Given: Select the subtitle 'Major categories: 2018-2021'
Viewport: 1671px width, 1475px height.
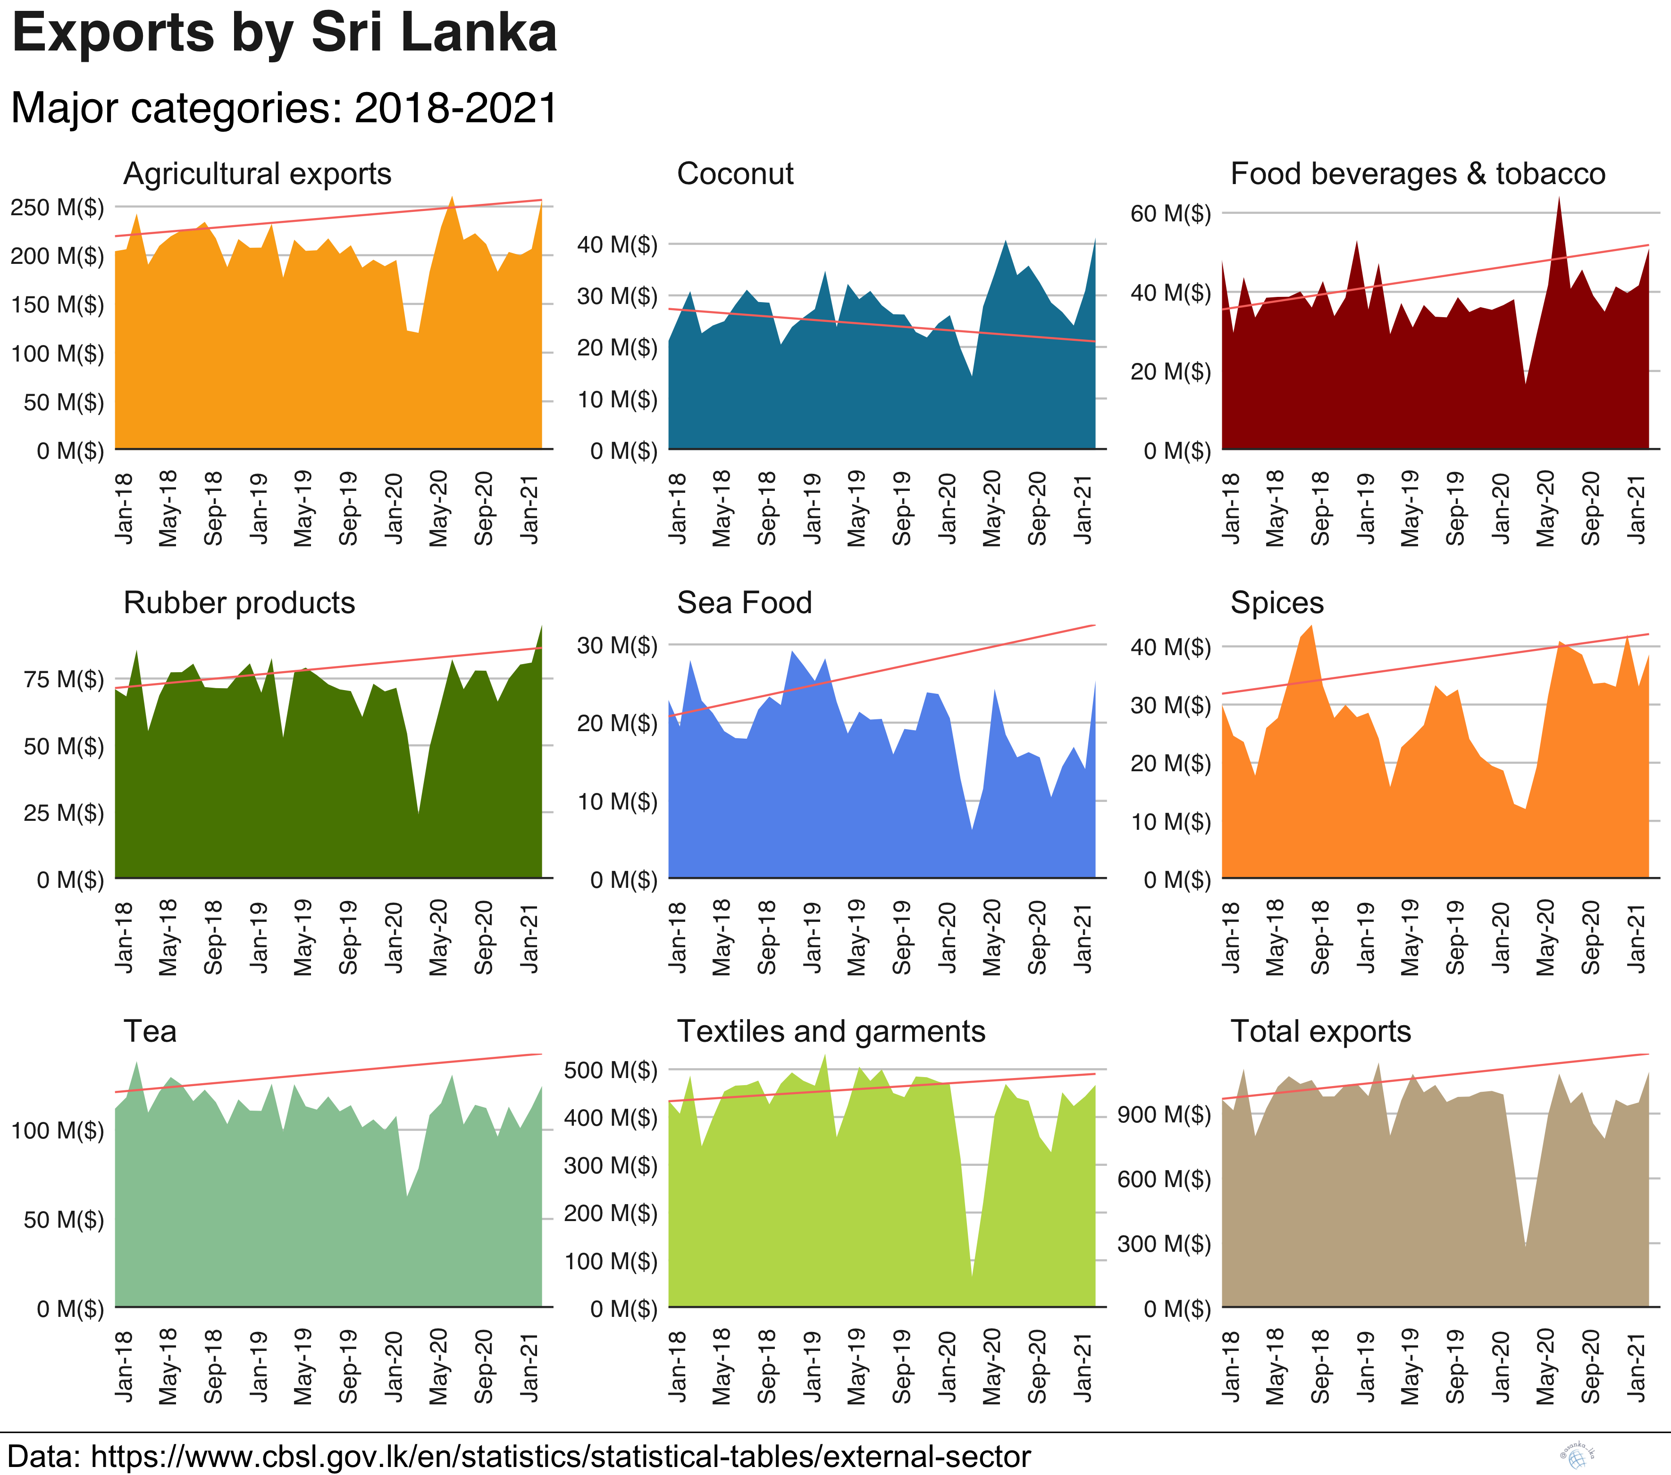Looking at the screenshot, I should (285, 108).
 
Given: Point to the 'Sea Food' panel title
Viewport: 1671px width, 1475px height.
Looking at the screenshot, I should (744, 603).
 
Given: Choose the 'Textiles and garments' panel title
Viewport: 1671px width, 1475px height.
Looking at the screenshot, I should (831, 1032).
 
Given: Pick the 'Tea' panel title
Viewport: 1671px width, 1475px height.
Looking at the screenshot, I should (150, 1032).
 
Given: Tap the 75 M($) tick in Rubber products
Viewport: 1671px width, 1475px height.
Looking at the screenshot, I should (64, 680).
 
